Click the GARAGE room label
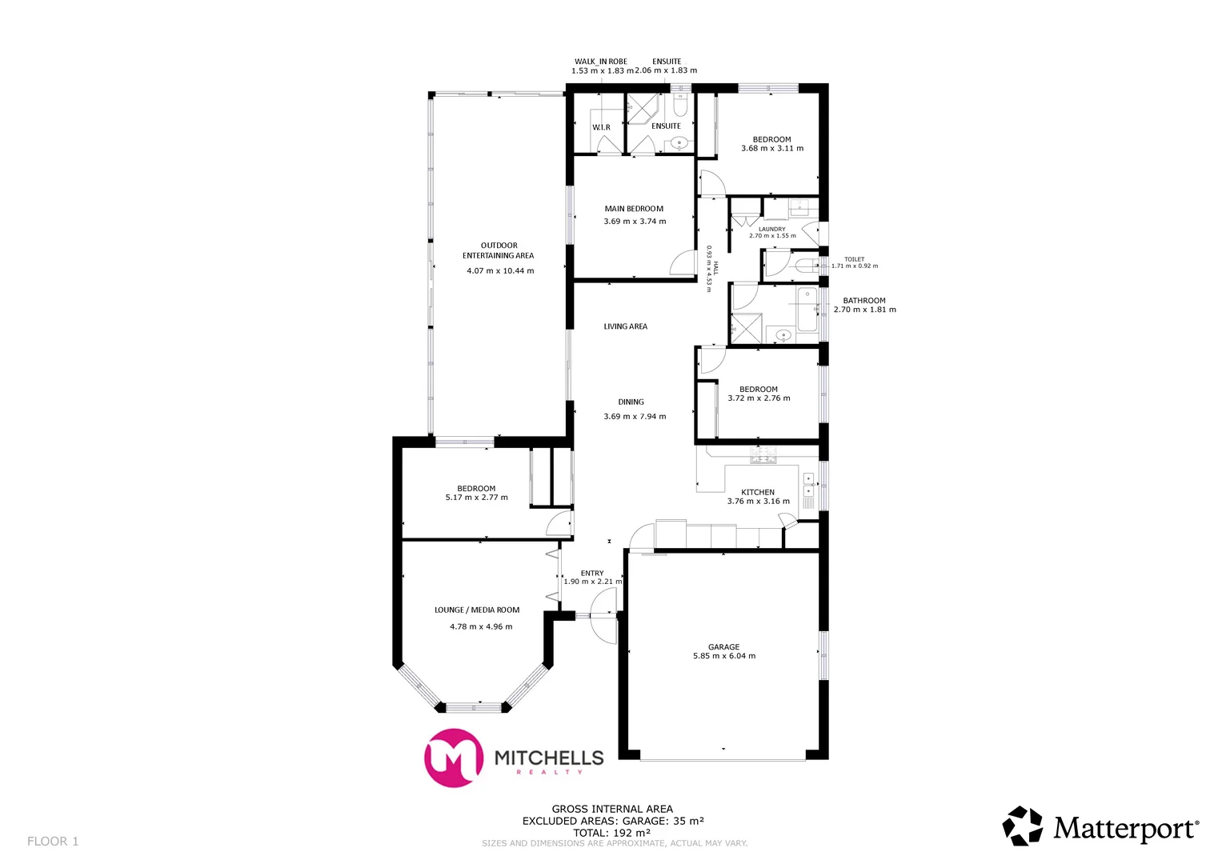tap(723, 646)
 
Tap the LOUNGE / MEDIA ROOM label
tap(477, 610)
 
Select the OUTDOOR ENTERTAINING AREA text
tap(499, 250)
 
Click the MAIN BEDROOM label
tap(634, 209)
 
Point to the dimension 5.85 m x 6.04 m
tap(723, 656)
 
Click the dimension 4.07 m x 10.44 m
tap(500, 271)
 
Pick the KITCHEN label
tap(757, 492)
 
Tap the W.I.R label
tap(601, 127)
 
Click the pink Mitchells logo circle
tap(454, 758)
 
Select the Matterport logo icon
tap(1023, 826)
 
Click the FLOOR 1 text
tap(53, 841)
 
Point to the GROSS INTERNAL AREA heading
tap(612, 809)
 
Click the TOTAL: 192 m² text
tap(611, 832)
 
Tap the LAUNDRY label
tap(772, 229)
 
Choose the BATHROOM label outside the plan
tap(864, 301)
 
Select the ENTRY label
tap(592, 573)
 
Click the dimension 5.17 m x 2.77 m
tap(476, 498)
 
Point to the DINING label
tap(631, 402)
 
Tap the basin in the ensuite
tap(679, 143)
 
